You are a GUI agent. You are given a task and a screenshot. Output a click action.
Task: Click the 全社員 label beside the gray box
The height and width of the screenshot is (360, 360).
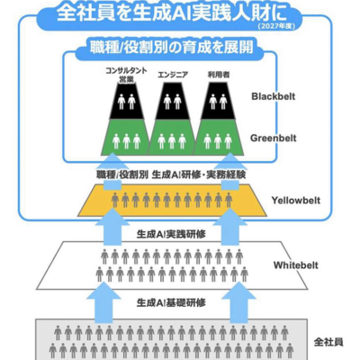tap(329, 342)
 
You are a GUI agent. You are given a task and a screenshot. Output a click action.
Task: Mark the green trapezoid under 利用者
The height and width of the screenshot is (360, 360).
tap(219, 139)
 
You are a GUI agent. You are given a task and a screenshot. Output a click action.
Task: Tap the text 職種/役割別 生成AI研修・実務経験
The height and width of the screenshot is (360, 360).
tap(170, 175)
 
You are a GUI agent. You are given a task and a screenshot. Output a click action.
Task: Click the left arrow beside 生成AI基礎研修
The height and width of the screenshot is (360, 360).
tap(105, 301)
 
